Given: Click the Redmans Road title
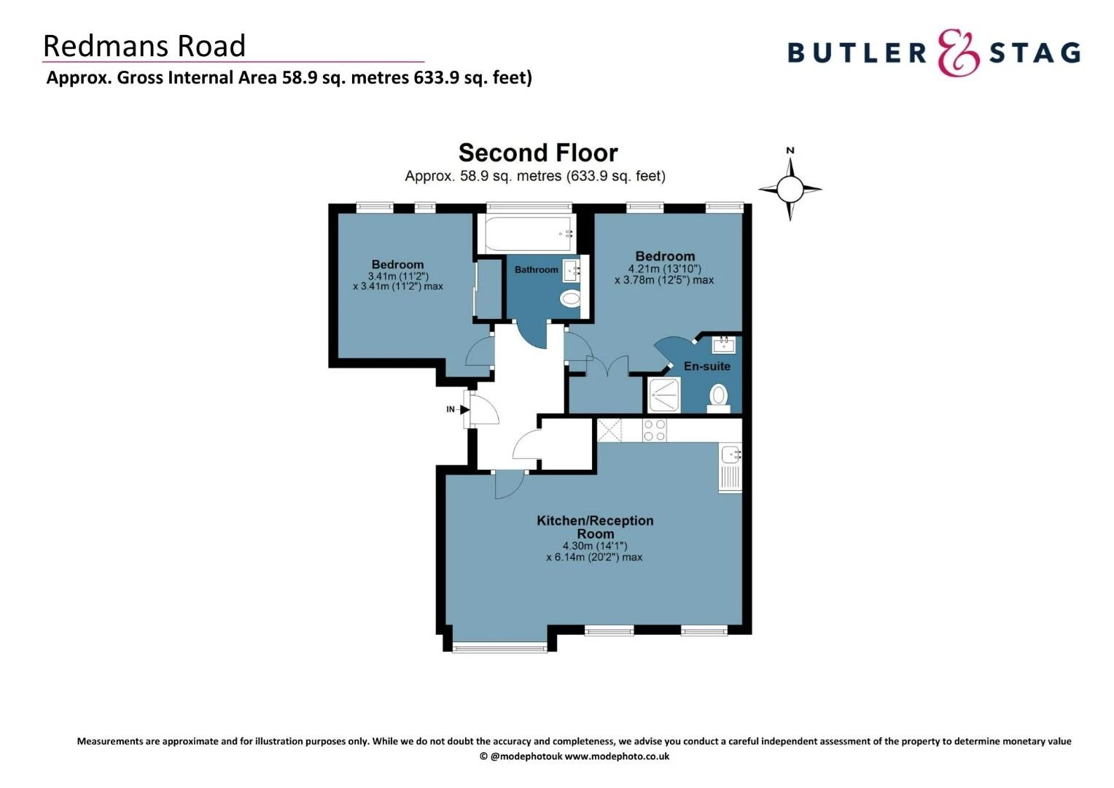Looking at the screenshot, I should [144, 46].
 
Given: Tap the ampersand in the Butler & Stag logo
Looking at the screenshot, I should [958, 53].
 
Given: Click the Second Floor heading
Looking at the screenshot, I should [538, 153].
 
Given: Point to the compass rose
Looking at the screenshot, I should [790, 189].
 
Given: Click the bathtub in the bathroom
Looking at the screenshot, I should [526, 234].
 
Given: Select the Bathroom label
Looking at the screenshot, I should [536, 270].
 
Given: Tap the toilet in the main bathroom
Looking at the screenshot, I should [570, 298].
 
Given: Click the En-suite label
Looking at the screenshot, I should [706, 366].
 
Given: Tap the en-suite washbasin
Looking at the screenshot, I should [723, 344].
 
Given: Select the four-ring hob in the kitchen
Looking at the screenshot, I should [654, 430].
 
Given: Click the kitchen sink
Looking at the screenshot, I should [731, 457].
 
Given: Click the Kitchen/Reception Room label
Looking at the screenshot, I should [595, 527].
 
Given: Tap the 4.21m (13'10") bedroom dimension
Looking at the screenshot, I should [664, 269].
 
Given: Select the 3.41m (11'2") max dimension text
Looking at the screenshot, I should [398, 287].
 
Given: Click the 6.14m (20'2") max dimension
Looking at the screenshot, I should [594, 557].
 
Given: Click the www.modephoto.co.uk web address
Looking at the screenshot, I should [617, 757].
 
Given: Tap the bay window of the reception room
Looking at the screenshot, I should [499, 646].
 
